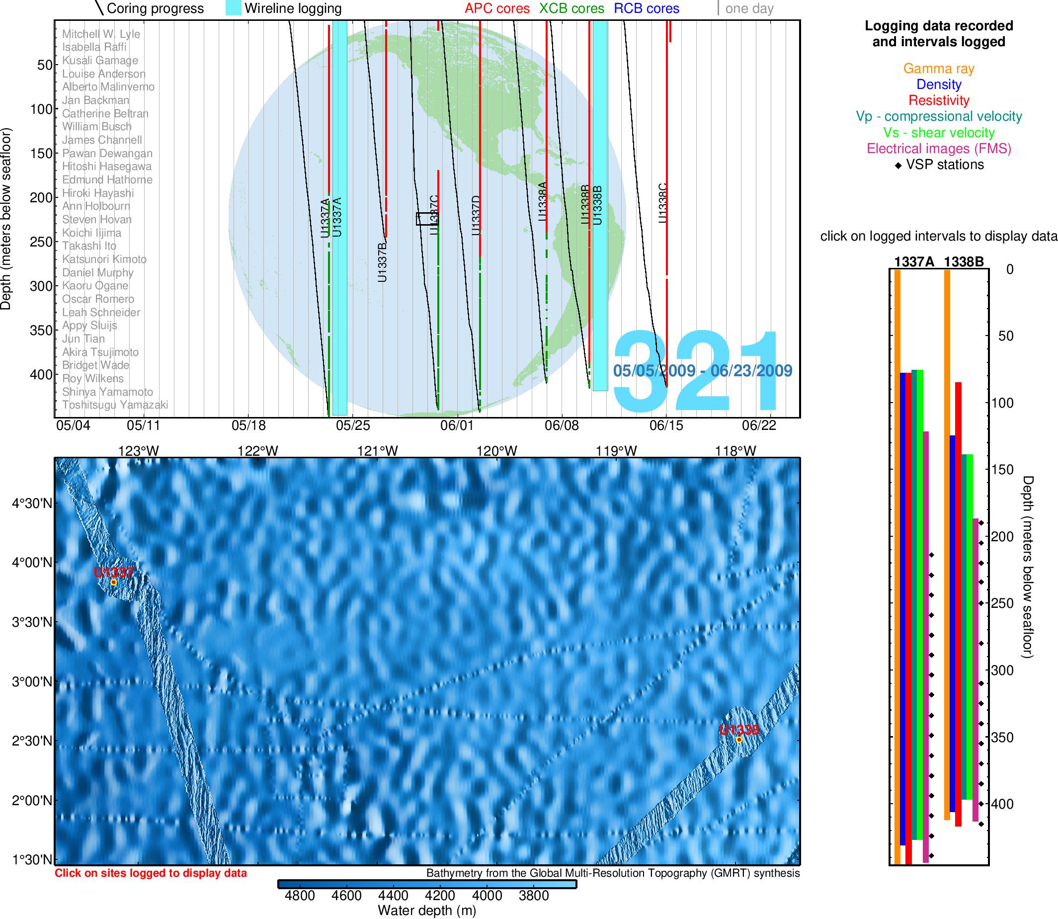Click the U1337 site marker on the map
click(114, 582)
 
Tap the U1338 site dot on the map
click(739, 740)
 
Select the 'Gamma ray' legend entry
click(939, 69)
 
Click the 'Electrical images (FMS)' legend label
click(939, 149)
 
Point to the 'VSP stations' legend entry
click(940, 165)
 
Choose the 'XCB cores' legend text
click(572, 9)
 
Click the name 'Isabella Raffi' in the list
click(94, 47)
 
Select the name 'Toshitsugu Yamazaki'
click(115, 405)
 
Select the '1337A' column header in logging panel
click(914, 262)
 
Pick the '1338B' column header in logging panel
click(964, 262)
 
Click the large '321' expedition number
click(700, 372)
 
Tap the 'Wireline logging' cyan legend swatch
click(234, 8)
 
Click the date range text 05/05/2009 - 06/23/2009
click(703, 371)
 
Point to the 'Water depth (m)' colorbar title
click(427, 910)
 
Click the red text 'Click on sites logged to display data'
click(151, 873)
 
